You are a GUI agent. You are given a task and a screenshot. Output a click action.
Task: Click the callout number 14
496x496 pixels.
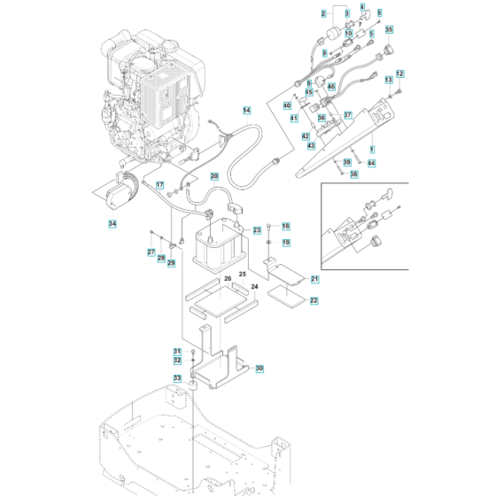tap(246, 110)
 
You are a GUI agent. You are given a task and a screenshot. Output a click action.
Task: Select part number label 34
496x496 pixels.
tap(112, 223)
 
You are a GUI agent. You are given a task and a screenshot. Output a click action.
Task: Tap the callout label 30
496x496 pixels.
tap(260, 368)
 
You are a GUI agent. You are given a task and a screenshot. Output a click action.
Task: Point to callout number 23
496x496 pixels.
tap(257, 229)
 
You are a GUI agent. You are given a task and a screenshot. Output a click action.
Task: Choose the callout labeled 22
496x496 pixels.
tap(314, 301)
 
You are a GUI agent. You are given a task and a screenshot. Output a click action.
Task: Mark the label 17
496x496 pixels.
tap(160, 185)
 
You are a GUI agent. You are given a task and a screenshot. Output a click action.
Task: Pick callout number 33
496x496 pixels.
tap(177, 378)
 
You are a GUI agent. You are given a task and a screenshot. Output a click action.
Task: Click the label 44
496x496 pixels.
tap(371, 163)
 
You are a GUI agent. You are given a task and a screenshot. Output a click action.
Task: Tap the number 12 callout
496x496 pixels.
tap(399, 73)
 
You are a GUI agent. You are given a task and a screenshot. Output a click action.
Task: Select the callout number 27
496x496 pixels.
tap(151, 252)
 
